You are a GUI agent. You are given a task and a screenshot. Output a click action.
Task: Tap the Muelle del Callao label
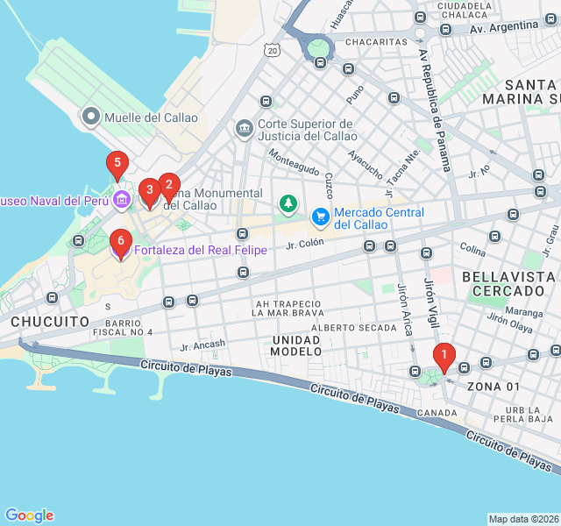[x=151, y=117]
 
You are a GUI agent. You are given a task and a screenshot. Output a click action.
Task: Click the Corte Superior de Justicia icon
[x=244, y=129]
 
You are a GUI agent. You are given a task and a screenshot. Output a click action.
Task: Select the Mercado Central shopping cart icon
[x=320, y=215]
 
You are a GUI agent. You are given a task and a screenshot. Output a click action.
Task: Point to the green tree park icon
[x=288, y=204]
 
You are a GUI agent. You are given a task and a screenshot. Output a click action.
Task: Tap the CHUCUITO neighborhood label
[x=50, y=322]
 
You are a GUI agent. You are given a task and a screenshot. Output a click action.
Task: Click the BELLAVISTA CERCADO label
[x=508, y=283]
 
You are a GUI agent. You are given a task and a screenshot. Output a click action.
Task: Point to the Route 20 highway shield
[x=274, y=52]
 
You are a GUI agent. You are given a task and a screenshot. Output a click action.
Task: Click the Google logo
[x=29, y=515]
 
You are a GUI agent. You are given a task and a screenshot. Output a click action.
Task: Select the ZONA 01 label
[x=494, y=386]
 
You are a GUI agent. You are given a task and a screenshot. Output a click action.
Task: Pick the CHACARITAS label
[x=377, y=41]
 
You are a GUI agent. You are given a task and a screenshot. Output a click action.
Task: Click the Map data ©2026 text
[x=522, y=519]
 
